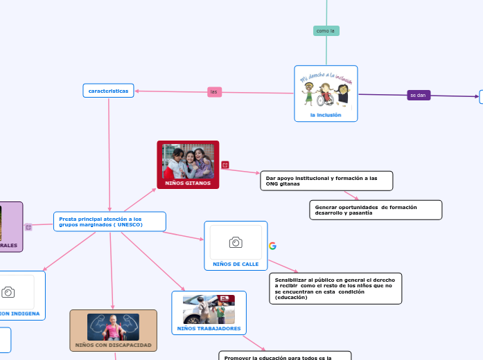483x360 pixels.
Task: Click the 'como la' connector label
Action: [x=326, y=31]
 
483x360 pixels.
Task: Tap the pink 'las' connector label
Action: [x=214, y=92]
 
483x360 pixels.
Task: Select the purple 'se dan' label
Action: [x=418, y=96]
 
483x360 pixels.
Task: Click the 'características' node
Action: [x=109, y=91]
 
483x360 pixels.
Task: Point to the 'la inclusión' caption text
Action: [x=326, y=115]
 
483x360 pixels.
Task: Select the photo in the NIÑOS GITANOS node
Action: [x=188, y=161]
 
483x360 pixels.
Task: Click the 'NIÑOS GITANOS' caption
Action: [x=188, y=183]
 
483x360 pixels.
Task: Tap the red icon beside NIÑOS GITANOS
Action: [x=225, y=165]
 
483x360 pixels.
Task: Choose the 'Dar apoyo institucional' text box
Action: [x=326, y=181]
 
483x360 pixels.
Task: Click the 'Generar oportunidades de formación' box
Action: [x=375, y=210]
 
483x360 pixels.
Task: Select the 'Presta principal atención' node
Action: [x=109, y=222]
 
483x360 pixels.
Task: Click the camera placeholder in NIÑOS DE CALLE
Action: [x=236, y=242]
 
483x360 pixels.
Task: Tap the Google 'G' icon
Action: [x=272, y=246]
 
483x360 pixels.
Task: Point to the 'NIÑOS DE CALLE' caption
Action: [x=236, y=264]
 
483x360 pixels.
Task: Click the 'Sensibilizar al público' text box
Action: [x=335, y=288]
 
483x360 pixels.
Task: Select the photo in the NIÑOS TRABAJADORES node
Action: [x=209, y=309]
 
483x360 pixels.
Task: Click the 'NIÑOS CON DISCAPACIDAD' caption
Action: [x=113, y=344]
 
